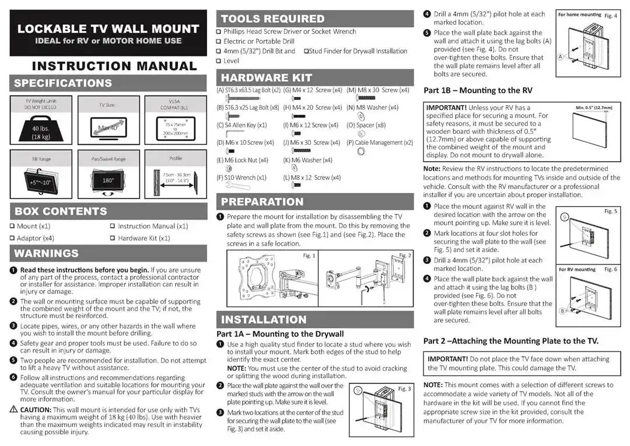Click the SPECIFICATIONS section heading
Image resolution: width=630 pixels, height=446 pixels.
[x=63, y=83]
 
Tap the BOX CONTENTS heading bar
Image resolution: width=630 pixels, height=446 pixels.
[x=61, y=211]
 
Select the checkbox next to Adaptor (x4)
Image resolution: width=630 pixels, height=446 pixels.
[x=12, y=238]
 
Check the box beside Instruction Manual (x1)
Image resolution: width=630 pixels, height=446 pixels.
[x=113, y=226]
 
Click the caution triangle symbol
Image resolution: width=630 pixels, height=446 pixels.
[x=13, y=410]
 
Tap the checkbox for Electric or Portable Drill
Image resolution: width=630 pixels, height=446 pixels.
[x=219, y=41]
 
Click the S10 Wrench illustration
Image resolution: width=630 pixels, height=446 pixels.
[x=233, y=186]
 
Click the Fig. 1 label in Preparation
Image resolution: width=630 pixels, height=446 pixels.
[x=309, y=256]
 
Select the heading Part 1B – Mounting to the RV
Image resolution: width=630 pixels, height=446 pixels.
[x=478, y=90]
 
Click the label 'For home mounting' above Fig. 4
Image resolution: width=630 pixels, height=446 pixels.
[x=579, y=15]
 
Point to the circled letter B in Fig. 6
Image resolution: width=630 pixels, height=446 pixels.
[x=563, y=311]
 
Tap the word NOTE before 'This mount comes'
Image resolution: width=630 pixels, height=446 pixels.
[x=432, y=385]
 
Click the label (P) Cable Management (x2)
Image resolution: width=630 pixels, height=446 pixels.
[x=380, y=142]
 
